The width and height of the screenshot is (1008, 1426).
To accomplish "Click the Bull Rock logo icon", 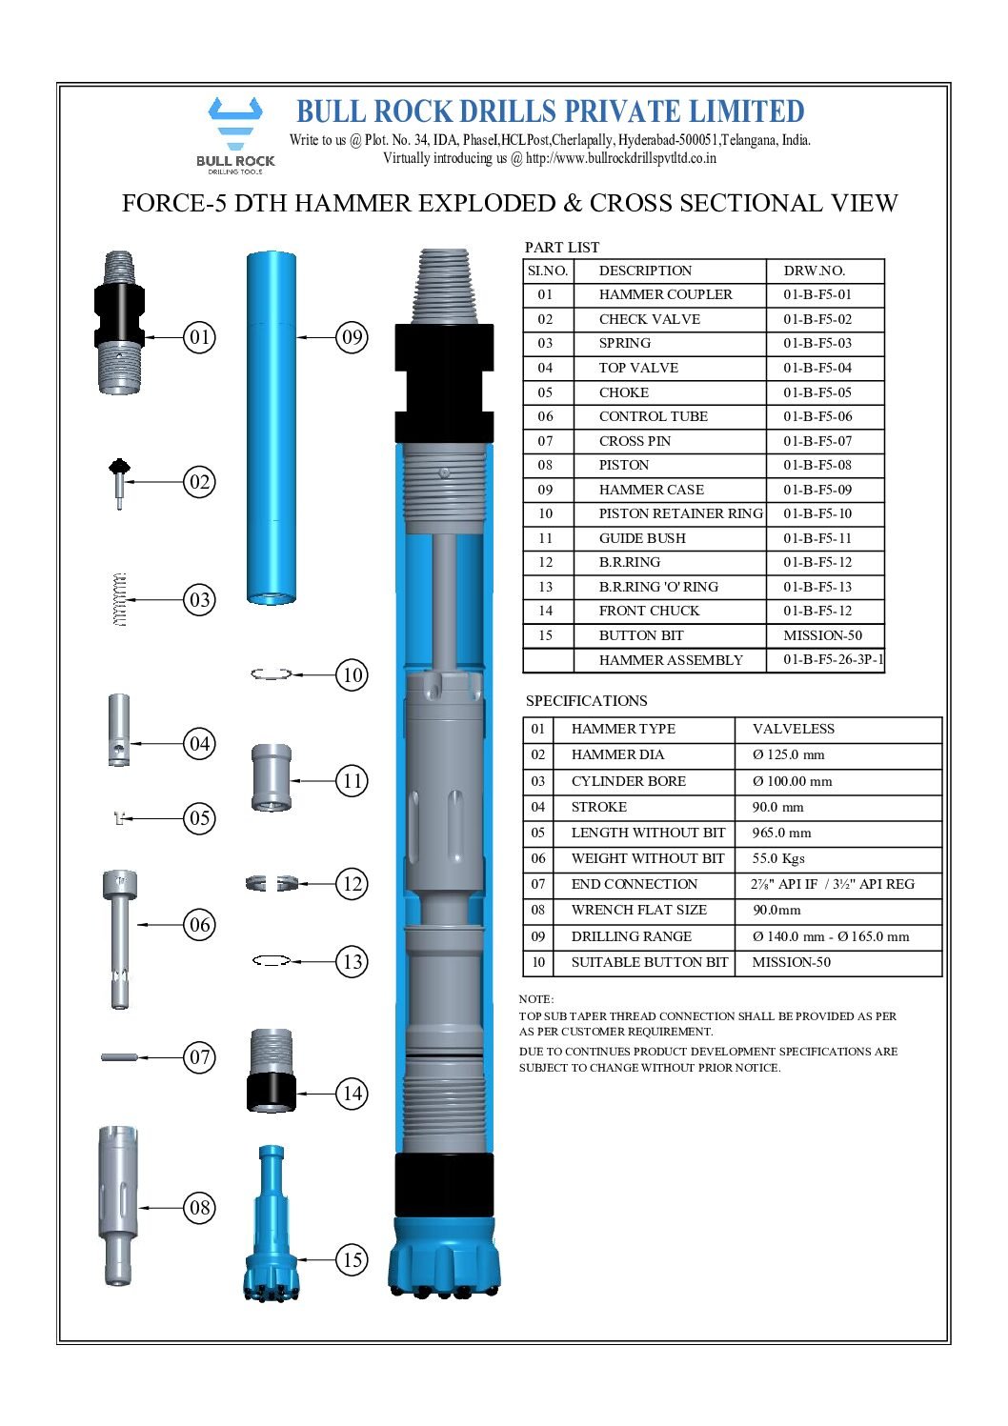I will coord(235,124).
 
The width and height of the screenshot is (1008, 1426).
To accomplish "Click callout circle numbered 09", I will coord(353,337).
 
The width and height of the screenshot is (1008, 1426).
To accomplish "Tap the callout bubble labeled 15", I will coord(353,1259).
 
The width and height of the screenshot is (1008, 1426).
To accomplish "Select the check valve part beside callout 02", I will coord(119,480).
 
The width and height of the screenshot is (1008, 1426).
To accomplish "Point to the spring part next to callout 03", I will coord(119,600).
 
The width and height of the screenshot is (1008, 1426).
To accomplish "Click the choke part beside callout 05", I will coord(119,817).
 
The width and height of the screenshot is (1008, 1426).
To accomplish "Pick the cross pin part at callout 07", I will coord(120,1056).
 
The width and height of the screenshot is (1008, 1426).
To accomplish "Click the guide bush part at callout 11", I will coord(271,778).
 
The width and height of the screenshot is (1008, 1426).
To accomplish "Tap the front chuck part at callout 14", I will coord(272,1071).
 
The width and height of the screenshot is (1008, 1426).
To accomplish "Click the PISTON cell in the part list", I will coord(624,465).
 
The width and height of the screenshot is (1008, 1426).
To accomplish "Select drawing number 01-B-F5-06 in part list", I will coord(817,416).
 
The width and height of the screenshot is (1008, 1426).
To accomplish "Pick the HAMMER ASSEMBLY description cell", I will coord(671,660).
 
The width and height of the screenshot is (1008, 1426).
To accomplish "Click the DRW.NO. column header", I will coord(814,271).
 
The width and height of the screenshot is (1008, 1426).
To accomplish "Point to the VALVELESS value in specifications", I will coord(793,729).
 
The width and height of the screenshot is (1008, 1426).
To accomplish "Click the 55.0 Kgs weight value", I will coord(778,858).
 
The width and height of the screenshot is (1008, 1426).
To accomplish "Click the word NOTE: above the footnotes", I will coord(535,999).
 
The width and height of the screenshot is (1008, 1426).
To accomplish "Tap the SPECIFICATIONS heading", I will coord(586,701).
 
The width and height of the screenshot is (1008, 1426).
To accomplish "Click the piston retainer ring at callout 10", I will coord(271,674).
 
